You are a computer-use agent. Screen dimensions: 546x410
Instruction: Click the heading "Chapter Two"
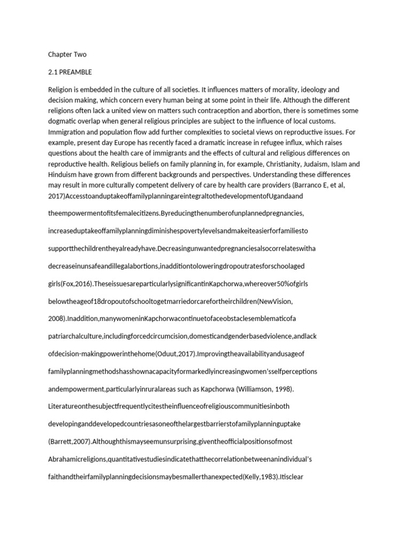[x=67, y=54]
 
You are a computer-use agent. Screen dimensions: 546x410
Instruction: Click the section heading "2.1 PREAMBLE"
[x=70, y=72]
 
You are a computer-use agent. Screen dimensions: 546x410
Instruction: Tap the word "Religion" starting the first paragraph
[x=62, y=90]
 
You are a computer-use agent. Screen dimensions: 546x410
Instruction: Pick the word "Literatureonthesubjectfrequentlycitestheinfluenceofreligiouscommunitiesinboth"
[x=169, y=406]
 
